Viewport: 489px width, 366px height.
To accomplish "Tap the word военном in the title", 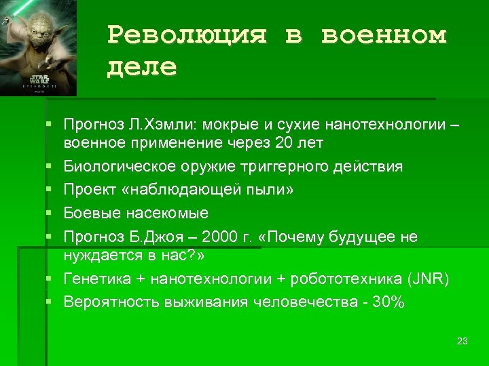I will [x=384, y=35].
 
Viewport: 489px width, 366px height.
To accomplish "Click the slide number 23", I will [x=463, y=341].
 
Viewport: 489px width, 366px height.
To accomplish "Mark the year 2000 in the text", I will [x=221, y=237].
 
